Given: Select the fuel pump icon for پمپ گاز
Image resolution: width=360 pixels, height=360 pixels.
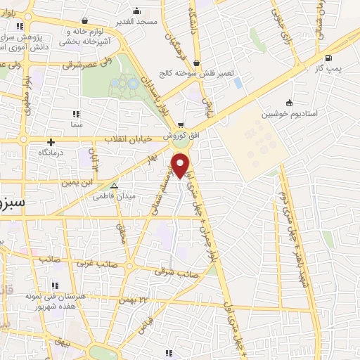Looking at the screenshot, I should (328, 58).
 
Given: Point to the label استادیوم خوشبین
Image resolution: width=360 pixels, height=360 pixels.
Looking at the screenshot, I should (289, 113).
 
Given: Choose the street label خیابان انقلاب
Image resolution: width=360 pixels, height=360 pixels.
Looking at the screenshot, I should (129, 139).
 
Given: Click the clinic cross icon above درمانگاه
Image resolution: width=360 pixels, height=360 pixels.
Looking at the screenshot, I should (51, 142).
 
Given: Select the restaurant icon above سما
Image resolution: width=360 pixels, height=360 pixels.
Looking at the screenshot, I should (75, 113).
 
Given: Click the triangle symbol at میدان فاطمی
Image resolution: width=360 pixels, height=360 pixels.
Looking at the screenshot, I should (114, 187).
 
